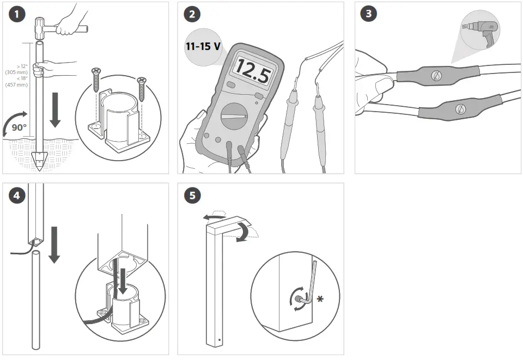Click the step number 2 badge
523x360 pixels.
[x=191, y=15]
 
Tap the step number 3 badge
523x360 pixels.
[x=369, y=15]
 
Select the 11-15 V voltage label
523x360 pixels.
[x=203, y=46]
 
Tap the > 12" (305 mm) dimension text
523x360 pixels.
[x=20, y=69]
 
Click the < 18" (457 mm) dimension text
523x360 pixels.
[x=19, y=81]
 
